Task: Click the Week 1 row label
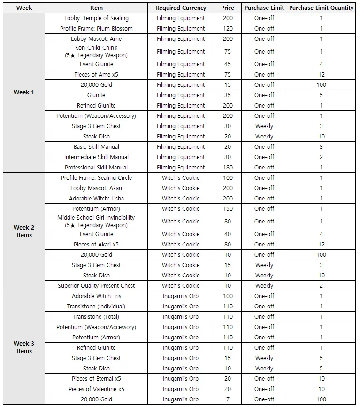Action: pyautogui.click(x=24, y=92)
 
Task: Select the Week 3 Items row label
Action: pyautogui.click(x=24, y=347)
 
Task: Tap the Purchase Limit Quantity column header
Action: pyautogui.click(x=322, y=8)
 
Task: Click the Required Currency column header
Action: pyautogui.click(x=181, y=8)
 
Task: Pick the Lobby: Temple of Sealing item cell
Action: pyautogui.click(x=96, y=18)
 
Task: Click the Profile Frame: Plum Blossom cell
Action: pyautogui.click(x=96, y=29)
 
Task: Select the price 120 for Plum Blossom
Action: pyautogui.click(x=227, y=29)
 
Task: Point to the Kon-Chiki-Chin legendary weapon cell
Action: pyautogui.click(x=96, y=52)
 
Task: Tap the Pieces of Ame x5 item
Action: pyautogui.click(x=96, y=75)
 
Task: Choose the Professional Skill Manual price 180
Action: pyautogui.click(x=227, y=168)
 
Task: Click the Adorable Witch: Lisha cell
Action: pyautogui.click(x=96, y=199)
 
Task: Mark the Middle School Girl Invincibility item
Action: pyautogui.click(x=96, y=222)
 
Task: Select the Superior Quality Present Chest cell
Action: pyautogui.click(x=96, y=286)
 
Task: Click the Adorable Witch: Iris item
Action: pyautogui.click(x=96, y=296)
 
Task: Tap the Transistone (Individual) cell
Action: pyautogui.click(x=96, y=307)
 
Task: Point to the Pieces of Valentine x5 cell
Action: pyautogui.click(x=96, y=389)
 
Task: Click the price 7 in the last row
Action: pyautogui.click(x=227, y=399)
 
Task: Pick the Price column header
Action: pyautogui.click(x=227, y=8)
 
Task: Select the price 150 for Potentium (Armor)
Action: pyautogui.click(x=227, y=209)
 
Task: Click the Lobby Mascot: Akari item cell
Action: pyautogui.click(x=96, y=188)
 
